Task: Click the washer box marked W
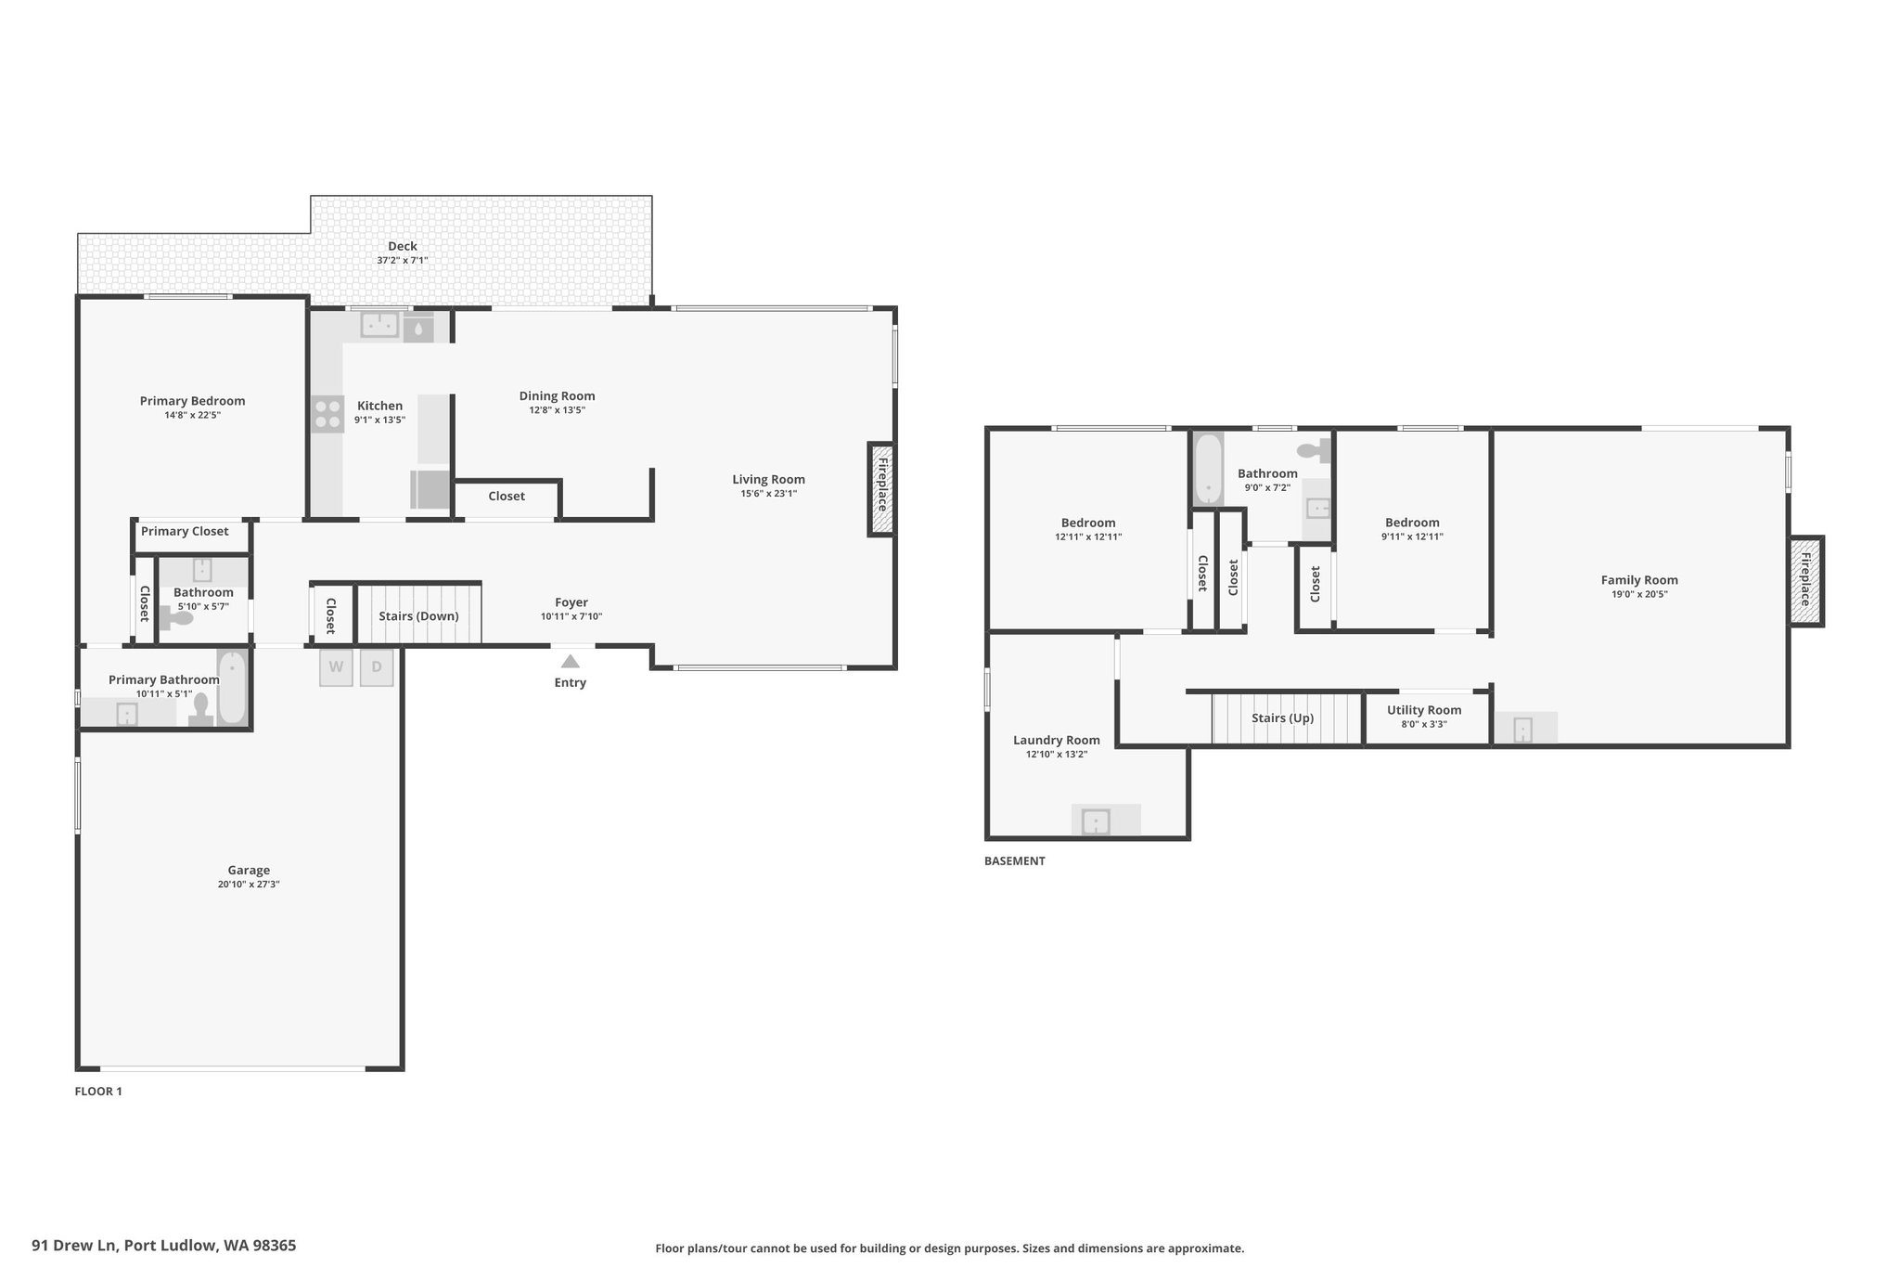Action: (x=336, y=667)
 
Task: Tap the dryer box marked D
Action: (x=377, y=667)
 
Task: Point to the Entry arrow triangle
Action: (x=571, y=662)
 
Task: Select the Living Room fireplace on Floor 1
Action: (x=882, y=489)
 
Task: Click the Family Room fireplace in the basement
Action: (x=1806, y=581)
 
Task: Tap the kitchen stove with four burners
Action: (x=327, y=414)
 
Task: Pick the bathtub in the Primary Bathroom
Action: (x=232, y=688)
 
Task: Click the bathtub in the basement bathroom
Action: (x=1208, y=468)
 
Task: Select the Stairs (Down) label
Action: (x=418, y=616)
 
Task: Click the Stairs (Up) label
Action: (x=1282, y=718)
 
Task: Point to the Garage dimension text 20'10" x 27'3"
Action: (x=249, y=886)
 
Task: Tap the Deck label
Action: (x=403, y=246)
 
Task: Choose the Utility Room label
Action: (x=1424, y=710)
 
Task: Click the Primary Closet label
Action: (x=185, y=532)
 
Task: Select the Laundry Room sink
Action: (x=1096, y=821)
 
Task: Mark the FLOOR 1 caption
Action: (x=98, y=1092)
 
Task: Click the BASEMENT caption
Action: (x=1015, y=861)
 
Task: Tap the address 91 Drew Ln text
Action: (x=74, y=1246)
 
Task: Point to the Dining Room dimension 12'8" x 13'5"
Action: (x=557, y=410)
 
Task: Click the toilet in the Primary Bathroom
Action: (x=199, y=708)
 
